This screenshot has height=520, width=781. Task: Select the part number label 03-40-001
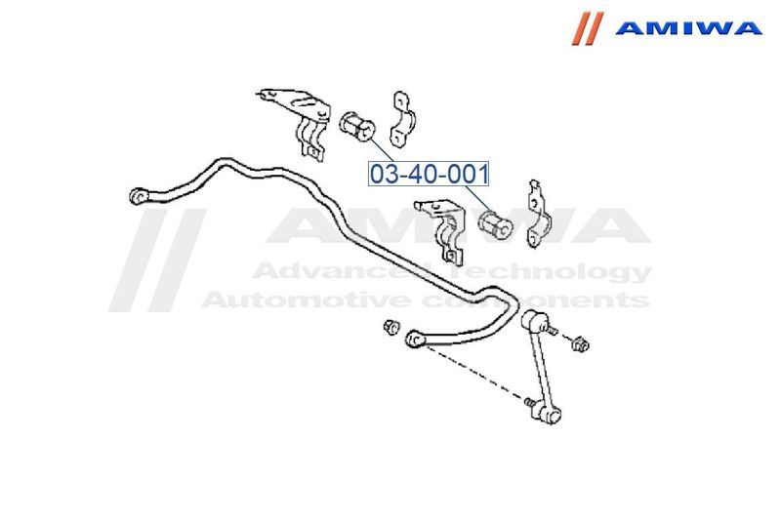click(428, 174)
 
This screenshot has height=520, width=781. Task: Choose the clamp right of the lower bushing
click(535, 213)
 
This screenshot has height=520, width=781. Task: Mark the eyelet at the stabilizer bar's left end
click(138, 196)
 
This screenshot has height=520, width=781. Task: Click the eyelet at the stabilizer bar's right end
click(413, 339)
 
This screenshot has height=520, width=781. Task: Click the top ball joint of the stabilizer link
click(535, 320)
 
